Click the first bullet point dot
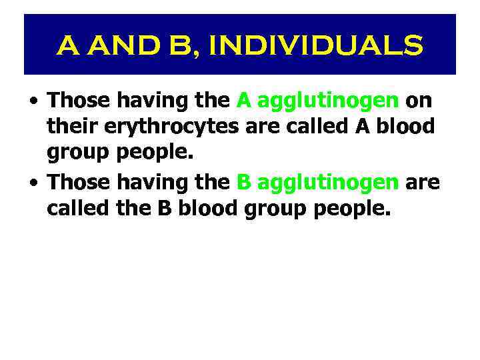33,102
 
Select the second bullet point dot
33,183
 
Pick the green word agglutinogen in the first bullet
327,102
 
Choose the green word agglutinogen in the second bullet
327,183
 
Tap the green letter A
243,101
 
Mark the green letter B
243,181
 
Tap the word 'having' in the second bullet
145,183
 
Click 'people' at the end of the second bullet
350,209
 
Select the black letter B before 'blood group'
164,208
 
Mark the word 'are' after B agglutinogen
423,183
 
